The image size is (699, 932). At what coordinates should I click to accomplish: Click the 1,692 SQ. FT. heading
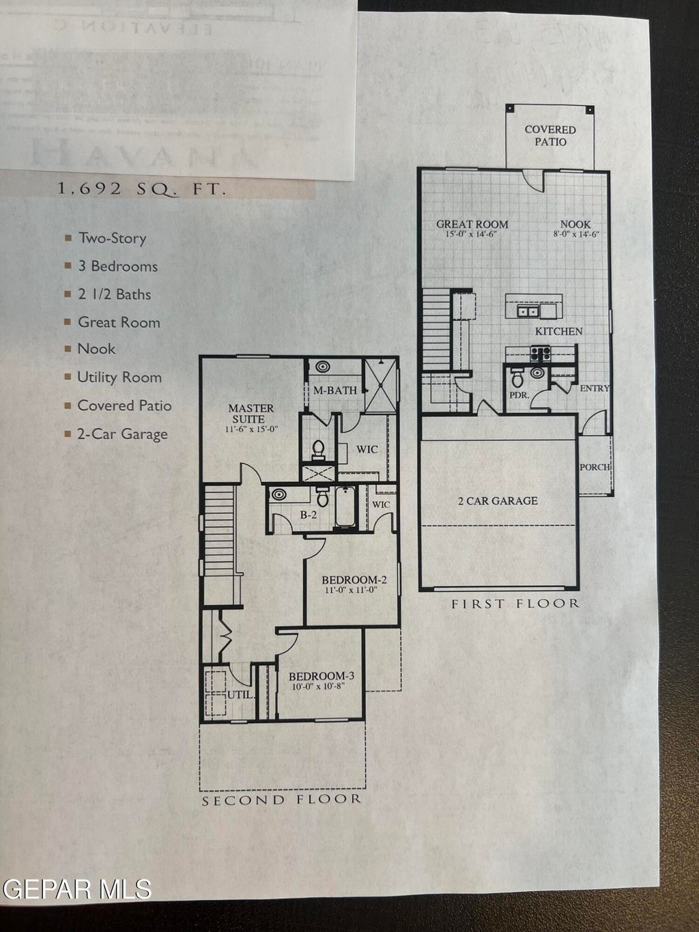click(141, 189)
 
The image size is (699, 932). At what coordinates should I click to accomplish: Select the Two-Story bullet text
click(112, 238)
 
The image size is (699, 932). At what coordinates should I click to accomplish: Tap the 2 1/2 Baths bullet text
click(114, 294)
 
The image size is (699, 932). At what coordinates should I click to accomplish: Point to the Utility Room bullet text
click(119, 377)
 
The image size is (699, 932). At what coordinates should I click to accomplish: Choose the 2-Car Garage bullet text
click(122, 434)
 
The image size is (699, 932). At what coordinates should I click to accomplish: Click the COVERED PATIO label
click(550, 135)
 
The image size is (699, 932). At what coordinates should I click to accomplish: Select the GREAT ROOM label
click(472, 224)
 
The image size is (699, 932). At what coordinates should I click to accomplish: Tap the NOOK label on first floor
click(575, 224)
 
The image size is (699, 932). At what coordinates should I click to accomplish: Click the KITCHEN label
click(558, 331)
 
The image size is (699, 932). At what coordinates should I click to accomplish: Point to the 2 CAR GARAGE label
click(498, 500)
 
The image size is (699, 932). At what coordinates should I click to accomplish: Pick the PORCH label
click(595, 467)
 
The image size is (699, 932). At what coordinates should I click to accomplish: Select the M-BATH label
click(335, 390)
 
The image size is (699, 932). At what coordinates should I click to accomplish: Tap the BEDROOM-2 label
click(354, 580)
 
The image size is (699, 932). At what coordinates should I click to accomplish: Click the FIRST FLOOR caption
click(515, 604)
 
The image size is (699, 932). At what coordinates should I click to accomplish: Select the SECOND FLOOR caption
click(281, 800)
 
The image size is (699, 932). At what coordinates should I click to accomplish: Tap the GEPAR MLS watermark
click(76, 889)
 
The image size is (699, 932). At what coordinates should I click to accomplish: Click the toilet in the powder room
click(517, 377)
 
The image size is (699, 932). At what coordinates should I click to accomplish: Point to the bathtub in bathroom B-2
click(345, 507)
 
